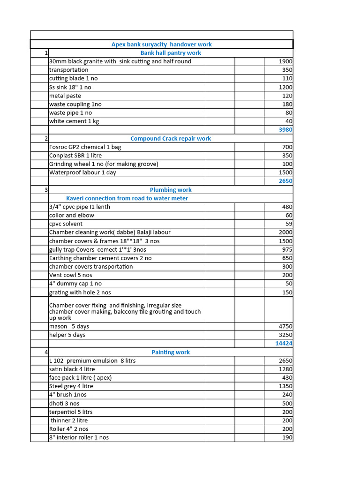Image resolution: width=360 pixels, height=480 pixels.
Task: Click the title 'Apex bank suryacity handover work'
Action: click(x=161, y=45)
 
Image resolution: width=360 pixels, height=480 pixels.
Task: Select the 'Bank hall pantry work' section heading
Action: click(x=171, y=53)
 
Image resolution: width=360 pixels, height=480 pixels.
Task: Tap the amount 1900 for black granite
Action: click(x=285, y=61)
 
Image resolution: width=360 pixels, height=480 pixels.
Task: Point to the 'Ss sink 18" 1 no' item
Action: click(x=70, y=87)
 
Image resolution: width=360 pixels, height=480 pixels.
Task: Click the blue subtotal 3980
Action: click(x=285, y=130)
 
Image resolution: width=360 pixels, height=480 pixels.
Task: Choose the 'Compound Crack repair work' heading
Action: click(x=171, y=138)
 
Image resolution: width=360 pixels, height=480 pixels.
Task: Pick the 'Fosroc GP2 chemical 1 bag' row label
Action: click(x=85, y=147)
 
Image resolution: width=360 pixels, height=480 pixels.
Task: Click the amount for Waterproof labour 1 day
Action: click(x=285, y=172)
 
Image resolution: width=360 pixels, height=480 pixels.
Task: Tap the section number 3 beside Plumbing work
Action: click(x=46, y=190)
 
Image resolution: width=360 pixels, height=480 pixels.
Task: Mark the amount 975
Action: click(x=286, y=249)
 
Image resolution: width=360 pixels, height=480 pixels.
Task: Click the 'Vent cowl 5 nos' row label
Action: click(x=71, y=275)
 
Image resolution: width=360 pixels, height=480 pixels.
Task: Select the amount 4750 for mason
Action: click(x=285, y=326)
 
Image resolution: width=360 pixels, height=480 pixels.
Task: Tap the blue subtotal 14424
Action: click(x=284, y=344)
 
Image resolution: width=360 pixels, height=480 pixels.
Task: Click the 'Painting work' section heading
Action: click(x=171, y=352)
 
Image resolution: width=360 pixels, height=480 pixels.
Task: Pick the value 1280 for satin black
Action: click(x=285, y=369)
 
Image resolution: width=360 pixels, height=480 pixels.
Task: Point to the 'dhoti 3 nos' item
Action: click(x=64, y=404)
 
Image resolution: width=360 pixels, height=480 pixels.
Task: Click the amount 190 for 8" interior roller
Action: click(x=287, y=437)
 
